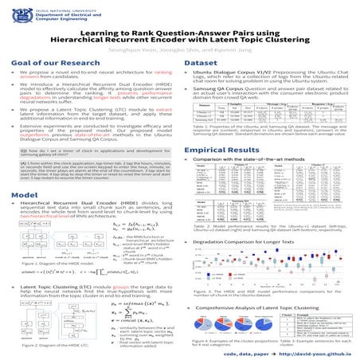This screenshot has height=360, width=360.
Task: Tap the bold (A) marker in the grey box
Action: pyautogui.click(x=23, y=182)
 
